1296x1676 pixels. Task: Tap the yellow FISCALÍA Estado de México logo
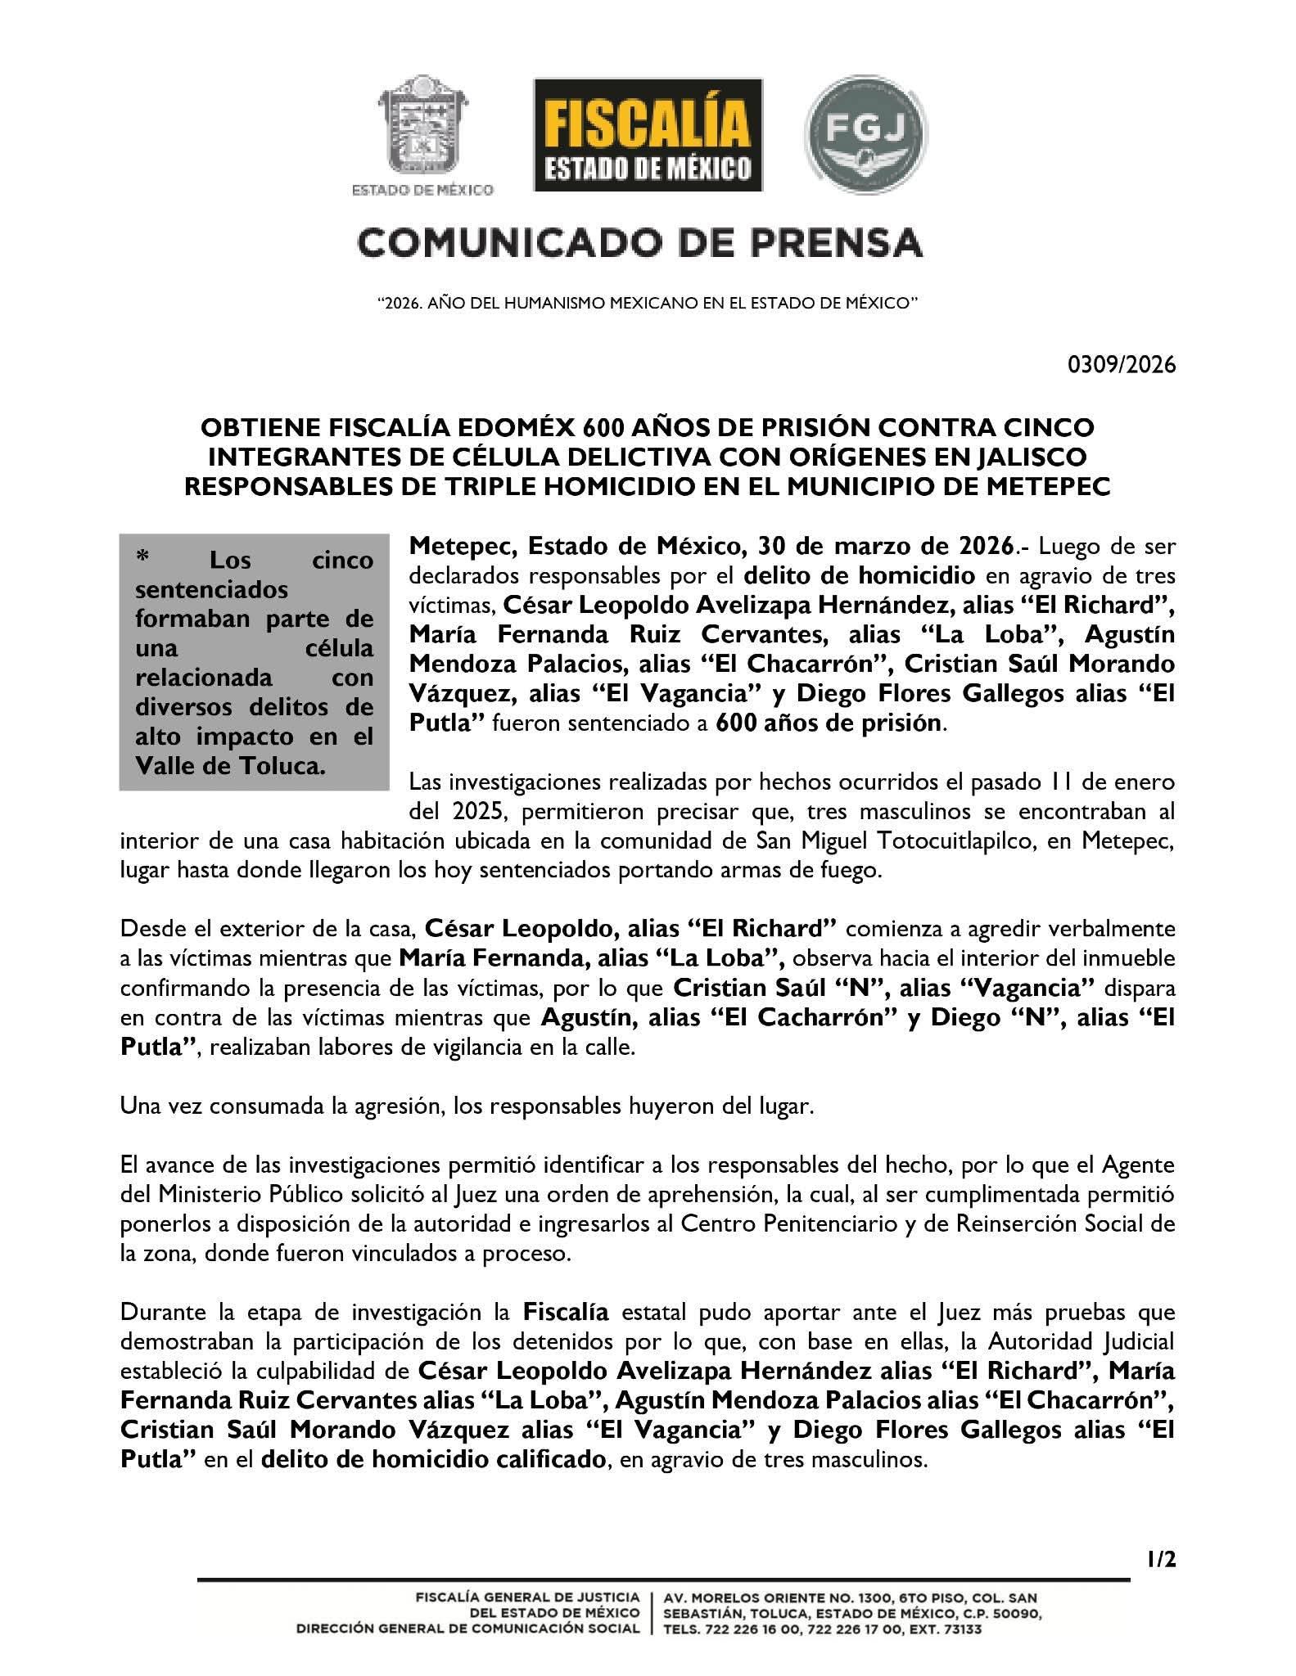click(648, 134)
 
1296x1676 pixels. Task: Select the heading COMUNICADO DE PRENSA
click(639, 243)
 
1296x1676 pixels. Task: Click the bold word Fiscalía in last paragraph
click(566, 1313)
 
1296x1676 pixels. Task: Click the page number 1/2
click(1160, 1561)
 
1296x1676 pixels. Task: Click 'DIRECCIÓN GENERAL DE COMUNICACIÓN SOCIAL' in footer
click(467, 1629)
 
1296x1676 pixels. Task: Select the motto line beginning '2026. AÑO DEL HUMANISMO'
click(648, 303)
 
